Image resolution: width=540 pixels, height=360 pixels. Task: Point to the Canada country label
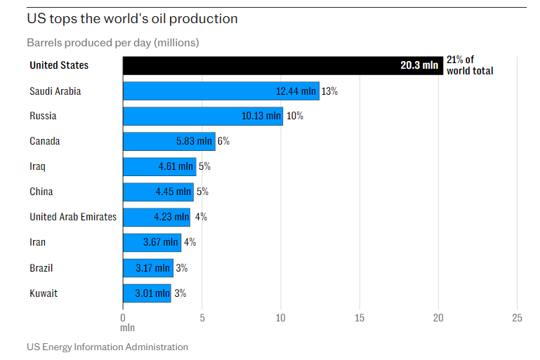44,141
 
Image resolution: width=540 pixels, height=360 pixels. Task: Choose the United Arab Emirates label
73,217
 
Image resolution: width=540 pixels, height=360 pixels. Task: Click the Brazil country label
41,268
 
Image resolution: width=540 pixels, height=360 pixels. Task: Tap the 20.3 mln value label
419,65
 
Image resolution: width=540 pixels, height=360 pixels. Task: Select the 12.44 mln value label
296,91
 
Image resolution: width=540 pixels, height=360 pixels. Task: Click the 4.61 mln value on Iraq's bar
175,166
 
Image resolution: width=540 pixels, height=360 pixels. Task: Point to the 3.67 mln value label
160,242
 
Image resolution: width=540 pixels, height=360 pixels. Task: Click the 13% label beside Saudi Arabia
330,91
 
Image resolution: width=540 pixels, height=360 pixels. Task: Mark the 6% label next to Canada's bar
223,141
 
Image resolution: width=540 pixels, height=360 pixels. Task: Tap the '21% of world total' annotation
469,65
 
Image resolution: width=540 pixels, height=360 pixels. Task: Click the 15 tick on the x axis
360,317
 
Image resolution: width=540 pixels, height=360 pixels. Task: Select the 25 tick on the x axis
518,317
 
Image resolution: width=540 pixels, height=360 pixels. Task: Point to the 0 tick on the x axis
123,317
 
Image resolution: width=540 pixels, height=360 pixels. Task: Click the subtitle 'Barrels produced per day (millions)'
113,43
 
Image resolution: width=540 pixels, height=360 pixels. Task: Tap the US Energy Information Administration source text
107,347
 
